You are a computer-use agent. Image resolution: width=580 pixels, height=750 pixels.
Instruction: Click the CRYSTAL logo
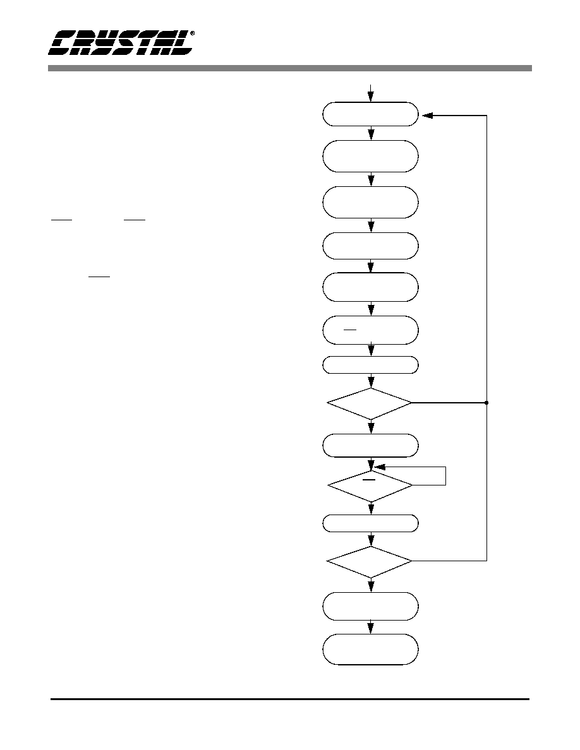121,43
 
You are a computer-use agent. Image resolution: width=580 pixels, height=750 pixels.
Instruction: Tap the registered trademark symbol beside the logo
192,33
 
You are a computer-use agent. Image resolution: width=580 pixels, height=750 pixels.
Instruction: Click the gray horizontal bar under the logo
289,68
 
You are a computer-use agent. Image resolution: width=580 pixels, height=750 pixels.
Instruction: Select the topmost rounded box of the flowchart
370,114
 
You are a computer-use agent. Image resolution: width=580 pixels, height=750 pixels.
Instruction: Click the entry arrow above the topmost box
370,93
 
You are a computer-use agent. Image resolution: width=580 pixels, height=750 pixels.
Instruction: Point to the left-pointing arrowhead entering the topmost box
427,116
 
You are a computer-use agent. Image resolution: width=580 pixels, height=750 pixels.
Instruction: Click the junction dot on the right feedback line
486,403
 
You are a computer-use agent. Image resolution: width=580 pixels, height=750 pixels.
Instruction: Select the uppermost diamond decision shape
370,403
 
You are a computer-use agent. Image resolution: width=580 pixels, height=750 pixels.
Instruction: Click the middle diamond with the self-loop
370,485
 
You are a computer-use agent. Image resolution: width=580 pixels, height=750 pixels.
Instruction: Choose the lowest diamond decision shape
370,561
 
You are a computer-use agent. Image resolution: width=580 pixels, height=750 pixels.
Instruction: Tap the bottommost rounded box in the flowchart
370,649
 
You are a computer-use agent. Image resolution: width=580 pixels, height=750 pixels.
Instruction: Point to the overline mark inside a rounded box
350,330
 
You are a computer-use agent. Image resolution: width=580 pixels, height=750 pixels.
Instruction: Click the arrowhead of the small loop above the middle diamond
379,467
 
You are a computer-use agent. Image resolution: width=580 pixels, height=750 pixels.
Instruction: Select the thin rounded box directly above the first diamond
370,365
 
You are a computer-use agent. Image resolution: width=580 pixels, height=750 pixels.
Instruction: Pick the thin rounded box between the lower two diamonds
370,523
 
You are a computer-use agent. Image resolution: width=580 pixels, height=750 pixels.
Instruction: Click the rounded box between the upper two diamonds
370,445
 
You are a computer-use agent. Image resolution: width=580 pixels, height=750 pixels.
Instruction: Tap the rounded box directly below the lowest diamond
370,607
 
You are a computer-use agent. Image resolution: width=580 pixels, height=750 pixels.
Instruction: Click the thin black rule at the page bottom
290,699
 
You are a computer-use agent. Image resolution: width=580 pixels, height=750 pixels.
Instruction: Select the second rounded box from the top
370,156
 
